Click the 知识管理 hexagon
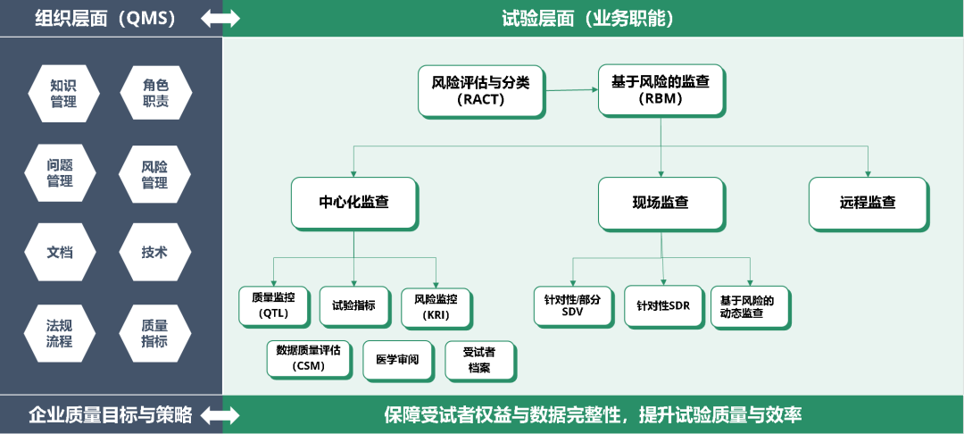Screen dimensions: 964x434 [63, 94]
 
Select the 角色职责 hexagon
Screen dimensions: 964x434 [155, 94]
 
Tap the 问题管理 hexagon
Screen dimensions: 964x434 [61, 173]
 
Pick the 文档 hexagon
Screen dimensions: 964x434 [61, 252]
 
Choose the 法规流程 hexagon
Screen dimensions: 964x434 [60, 333]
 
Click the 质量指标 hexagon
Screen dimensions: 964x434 [155, 333]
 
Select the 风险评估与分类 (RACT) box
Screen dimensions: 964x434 [481, 91]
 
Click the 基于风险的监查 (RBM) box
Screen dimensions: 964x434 [661, 90]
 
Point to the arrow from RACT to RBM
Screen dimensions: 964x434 [571, 90]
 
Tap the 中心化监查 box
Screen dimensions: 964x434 [354, 204]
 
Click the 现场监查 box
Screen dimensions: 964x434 [661, 204]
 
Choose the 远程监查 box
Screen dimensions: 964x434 [868, 204]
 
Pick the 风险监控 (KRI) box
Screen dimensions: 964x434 [436, 308]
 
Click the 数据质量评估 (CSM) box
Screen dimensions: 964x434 [309, 359]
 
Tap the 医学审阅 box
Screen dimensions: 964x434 [398, 360]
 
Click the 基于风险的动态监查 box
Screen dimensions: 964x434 [751, 307]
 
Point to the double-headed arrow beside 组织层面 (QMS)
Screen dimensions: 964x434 [220, 19]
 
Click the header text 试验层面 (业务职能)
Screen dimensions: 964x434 [588, 19]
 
